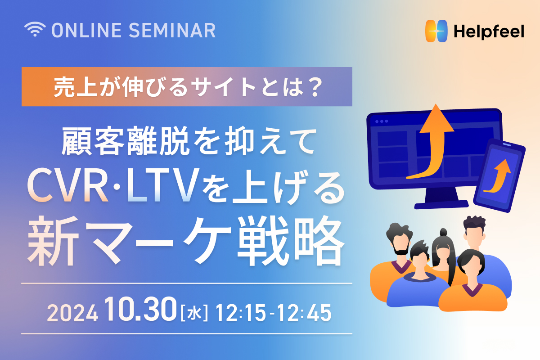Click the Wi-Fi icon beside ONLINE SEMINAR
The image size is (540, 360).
point(35,29)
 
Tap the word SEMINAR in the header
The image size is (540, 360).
point(172,31)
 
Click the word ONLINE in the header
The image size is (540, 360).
point(86,31)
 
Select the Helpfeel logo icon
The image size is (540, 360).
point(436,31)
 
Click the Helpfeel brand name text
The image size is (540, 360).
point(489,31)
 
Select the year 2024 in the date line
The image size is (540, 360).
point(72,313)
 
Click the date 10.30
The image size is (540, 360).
point(141,309)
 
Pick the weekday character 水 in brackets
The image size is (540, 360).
point(194,313)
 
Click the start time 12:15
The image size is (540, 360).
point(241,313)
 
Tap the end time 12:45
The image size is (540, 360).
point(306,313)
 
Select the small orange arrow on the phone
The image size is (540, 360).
point(499,176)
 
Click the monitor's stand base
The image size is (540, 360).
point(441,204)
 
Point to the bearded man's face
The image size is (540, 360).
point(401,243)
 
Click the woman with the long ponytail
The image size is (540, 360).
point(444,256)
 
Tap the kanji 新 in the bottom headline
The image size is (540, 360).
point(53,241)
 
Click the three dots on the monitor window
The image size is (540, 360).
point(382,121)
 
